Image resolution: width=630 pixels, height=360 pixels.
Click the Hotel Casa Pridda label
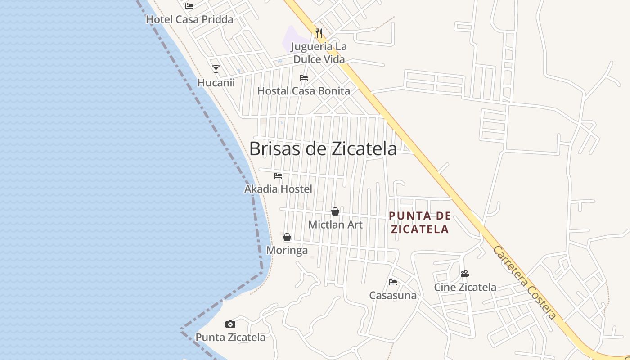189,19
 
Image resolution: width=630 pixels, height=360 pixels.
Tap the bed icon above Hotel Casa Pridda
189,6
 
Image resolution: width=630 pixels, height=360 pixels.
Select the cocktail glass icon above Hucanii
216,69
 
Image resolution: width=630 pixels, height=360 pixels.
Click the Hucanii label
216,83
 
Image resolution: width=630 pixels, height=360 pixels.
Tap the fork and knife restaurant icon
319,33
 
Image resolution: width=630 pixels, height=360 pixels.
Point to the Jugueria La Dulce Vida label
319,53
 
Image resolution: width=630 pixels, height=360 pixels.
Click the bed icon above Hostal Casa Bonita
304,78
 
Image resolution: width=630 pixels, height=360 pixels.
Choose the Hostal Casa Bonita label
303,91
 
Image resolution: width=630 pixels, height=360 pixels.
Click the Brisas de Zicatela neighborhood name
323,149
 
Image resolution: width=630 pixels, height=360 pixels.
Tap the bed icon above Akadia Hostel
278,176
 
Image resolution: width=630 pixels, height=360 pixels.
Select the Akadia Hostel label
278,189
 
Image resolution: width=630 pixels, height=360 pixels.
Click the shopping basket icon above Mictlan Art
335,211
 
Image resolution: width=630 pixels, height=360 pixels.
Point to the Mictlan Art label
335,225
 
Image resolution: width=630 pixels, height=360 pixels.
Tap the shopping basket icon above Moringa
287,237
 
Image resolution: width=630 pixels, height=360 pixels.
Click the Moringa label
287,250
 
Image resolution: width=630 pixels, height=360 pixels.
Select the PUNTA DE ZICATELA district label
420,222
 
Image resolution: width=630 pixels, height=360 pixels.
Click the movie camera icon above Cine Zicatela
465,274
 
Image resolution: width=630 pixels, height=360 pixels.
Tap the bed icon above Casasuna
393,282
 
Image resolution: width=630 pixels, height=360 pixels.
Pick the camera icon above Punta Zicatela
230,324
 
